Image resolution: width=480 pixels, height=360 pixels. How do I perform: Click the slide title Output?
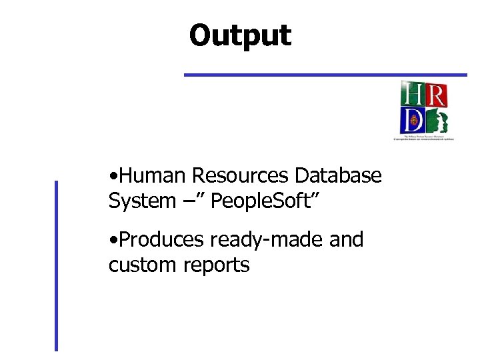pyautogui.click(x=240, y=35)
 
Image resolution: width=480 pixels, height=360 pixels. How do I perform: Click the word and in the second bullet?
pyautogui.click(x=346, y=239)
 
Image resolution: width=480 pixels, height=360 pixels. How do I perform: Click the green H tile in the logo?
pyautogui.click(x=411, y=94)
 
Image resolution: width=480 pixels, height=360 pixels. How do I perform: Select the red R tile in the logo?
pyautogui.click(x=435, y=94)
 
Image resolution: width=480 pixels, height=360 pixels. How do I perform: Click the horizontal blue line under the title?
pyautogui.click(x=325, y=75)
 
